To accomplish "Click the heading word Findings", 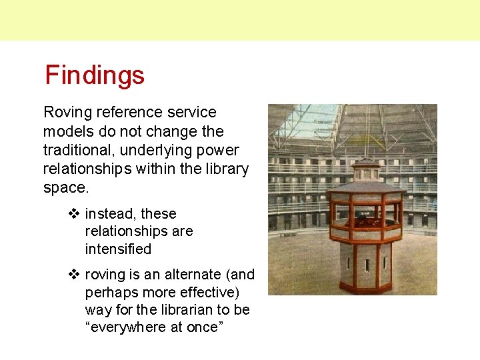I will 95,75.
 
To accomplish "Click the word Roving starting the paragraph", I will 65,113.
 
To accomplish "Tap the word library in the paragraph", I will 229,169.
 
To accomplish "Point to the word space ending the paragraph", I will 64,188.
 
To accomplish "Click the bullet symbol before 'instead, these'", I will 74,214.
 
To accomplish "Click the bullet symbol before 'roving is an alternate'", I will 74,275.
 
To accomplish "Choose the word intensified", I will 118,249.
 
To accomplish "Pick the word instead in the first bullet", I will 111,214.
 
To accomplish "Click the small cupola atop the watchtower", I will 365,167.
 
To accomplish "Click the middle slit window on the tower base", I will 366,264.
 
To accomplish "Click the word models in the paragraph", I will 67,132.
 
